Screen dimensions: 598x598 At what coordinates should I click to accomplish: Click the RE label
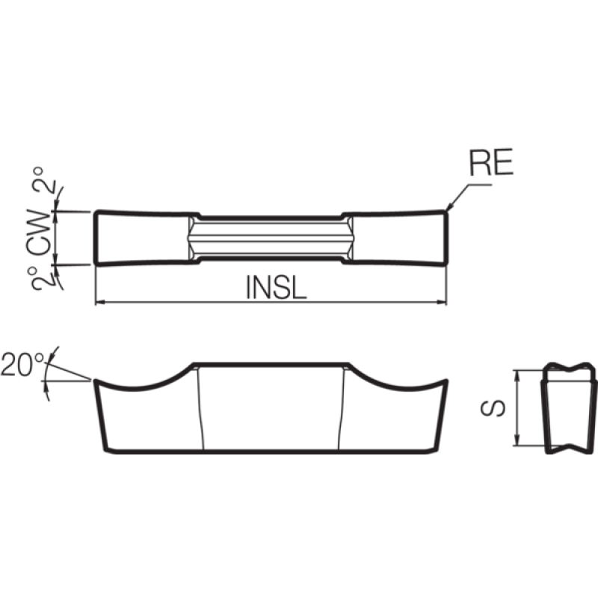(491, 162)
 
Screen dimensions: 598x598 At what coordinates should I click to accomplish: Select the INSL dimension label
(276, 287)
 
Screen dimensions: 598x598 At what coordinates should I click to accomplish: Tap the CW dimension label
(39, 232)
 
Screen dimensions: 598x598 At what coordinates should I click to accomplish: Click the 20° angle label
(22, 365)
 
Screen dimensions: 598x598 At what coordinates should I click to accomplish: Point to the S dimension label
(493, 408)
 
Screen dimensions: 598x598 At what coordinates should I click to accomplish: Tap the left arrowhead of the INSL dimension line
(99, 303)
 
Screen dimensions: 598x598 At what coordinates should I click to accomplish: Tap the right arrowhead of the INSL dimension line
(442, 303)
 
